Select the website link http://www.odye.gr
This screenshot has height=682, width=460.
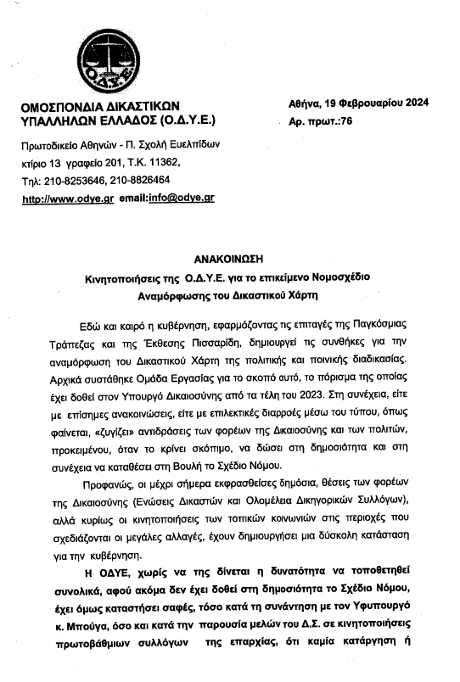tap(67, 198)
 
